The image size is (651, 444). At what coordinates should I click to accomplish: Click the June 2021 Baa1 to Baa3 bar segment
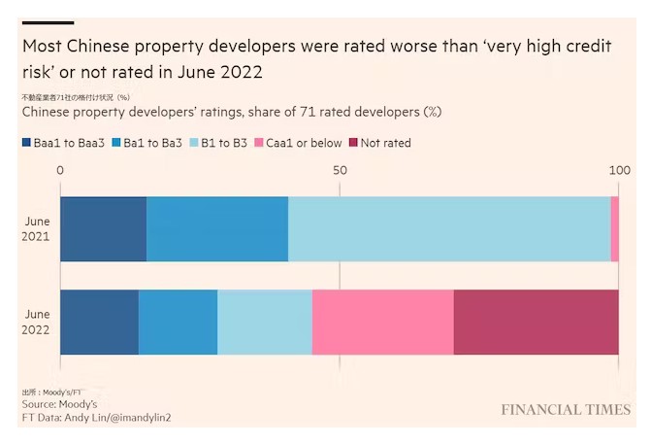pyautogui.click(x=103, y=228)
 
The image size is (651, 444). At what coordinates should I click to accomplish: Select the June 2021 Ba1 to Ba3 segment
pyautogui.click(x=217, y=228)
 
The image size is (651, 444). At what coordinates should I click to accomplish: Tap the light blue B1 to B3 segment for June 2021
pyautogui.click(x=449, y=228)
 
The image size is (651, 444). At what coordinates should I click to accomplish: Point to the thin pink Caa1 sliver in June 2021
pyautogui.click(x=615, y=228)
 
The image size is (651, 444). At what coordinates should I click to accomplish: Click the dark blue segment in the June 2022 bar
pyautogui.click(x=99, y=322)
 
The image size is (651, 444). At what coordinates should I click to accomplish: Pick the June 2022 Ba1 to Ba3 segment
pyautogui.click(x=178, y=322)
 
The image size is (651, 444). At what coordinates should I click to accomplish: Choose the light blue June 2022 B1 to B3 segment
pyautogui.click(x=265, y=322)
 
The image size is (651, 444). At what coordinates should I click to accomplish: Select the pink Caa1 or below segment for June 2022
pyautogui.click(x=383, y=322)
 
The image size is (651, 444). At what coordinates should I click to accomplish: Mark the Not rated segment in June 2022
pyautogui.click(x=537, y=322)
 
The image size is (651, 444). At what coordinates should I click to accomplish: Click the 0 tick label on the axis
pyautogui.click(x=60, y=170)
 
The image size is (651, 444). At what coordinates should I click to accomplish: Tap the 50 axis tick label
pyautogui.click(x=340, y=170)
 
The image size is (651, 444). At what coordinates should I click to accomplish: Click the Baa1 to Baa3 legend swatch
pyautogui.click(x=26, y=144)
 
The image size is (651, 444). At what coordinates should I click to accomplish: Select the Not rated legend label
pyautogui.click(x=385, y=143)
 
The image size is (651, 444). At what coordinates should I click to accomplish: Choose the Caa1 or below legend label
pyautogui.click(x=304, y=143)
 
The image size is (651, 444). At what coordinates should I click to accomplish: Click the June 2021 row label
pyautogui.click(x=37, y=228)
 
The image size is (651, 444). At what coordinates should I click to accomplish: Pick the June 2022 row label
pyautogui.click(x=37, y=322)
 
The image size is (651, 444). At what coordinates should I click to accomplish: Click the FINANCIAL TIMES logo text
pyautogui.click(x=566, y=410)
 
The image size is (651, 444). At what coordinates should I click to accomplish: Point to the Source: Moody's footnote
pyautogui.click(x=59, y=403)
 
